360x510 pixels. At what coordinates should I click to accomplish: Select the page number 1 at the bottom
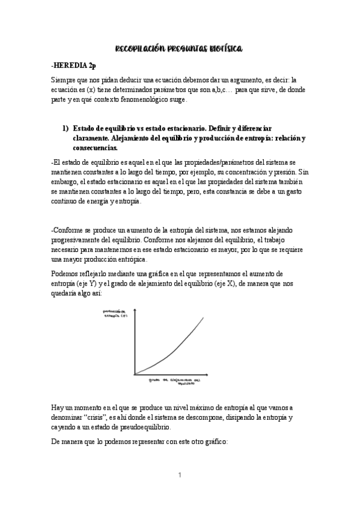pos(180,475)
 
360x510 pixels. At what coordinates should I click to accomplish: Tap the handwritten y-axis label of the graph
pos(114,313)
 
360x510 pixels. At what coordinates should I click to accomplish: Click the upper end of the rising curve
pos(203,317)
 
